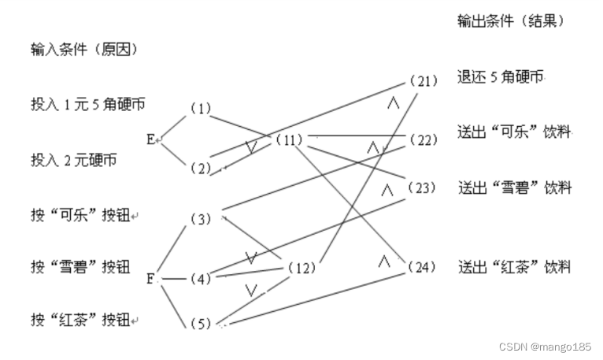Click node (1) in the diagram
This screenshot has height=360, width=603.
click(x=201, y=109)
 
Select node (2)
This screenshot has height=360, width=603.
click(x=201, y=167)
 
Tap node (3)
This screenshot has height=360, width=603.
click(x=201, y=218)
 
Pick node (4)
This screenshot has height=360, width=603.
click(x=201, y=278)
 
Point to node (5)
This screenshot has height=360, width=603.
click(x=201, y=324)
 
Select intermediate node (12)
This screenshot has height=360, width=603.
click(x=301, y=269)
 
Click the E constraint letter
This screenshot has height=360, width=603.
click(x=150, y=139)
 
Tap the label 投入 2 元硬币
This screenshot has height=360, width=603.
click(x=74, y=160)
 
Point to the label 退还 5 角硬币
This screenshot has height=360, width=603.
click(x=501, y=77)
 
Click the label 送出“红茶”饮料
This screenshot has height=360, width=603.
click(x=514, y=267)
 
